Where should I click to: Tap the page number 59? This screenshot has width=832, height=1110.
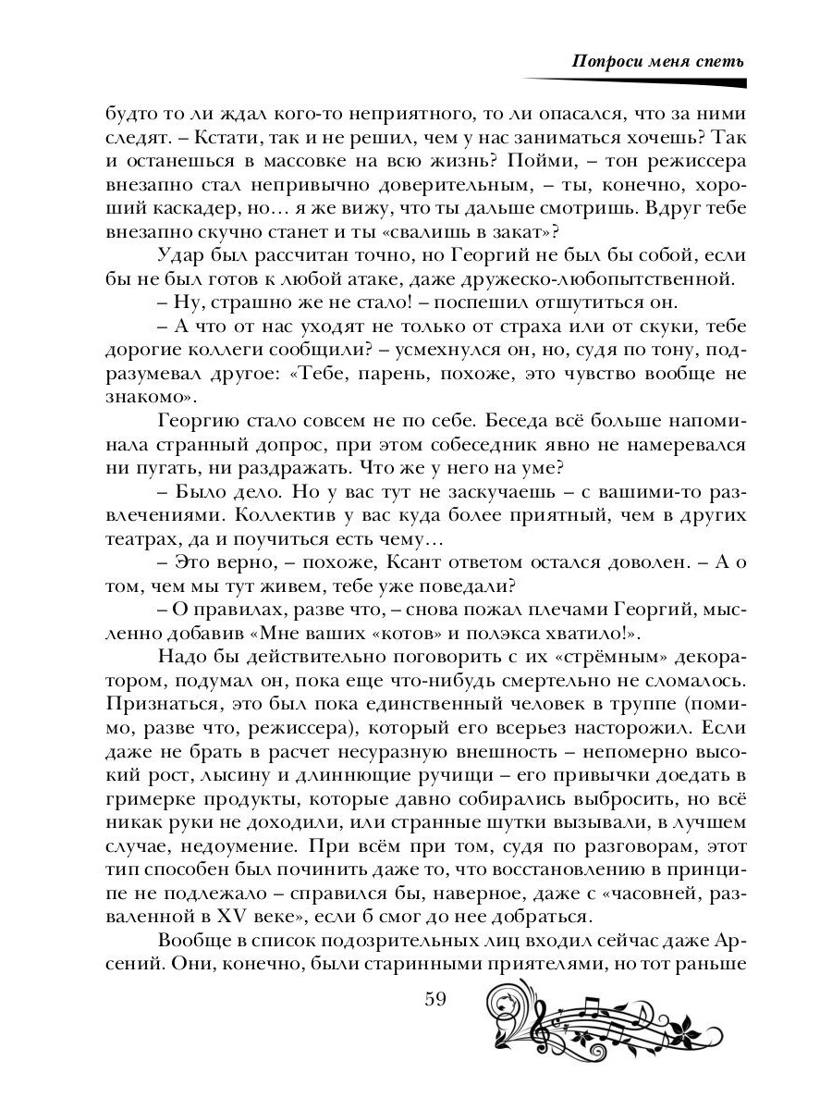point(434,1000)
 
